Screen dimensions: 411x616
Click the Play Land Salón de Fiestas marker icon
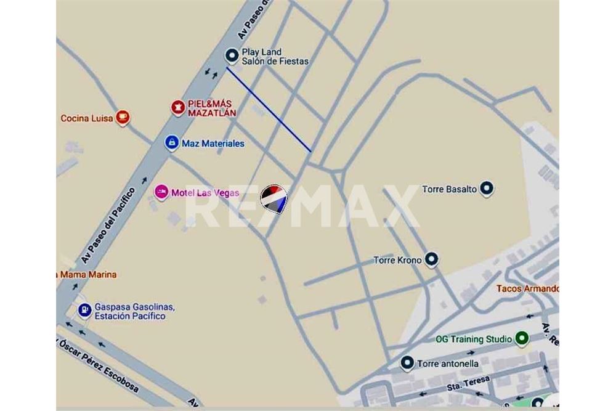[232, 56]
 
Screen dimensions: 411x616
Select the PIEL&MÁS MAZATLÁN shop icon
[178, 108]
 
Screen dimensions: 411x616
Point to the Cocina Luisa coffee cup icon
[123, 117]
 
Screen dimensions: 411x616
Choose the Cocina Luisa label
[87, 118]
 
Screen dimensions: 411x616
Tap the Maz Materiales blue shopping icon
[172, 143]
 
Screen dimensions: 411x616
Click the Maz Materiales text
[213, 144]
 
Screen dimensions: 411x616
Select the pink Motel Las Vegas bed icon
[161, 192]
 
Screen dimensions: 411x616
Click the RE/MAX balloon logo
[274, 199]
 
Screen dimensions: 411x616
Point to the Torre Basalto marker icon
[487, 189]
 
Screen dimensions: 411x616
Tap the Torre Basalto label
[449, 189]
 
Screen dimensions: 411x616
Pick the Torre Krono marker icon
[432, 260]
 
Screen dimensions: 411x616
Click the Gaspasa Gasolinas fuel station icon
[84, 311]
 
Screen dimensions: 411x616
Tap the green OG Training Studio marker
[522, 338]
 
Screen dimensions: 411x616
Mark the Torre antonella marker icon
[407, 363]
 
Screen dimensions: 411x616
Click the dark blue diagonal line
[269, 109]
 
